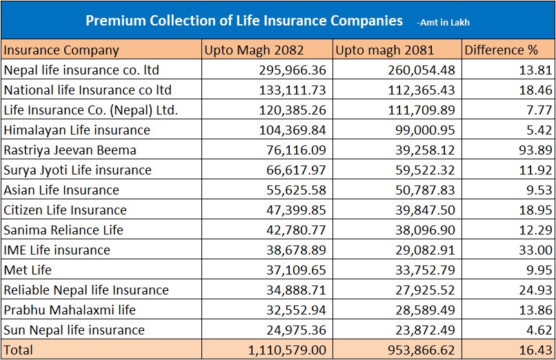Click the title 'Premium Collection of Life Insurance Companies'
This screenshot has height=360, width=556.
point(244,21)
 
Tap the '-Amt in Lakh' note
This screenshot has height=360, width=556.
point(443,23)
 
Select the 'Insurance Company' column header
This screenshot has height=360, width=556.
point(61,50)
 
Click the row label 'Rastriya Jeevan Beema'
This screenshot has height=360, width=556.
point(70,150)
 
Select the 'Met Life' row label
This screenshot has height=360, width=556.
point(28,270)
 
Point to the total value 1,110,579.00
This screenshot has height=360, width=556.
point(286,350)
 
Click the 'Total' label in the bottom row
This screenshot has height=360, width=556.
point(19,350)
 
